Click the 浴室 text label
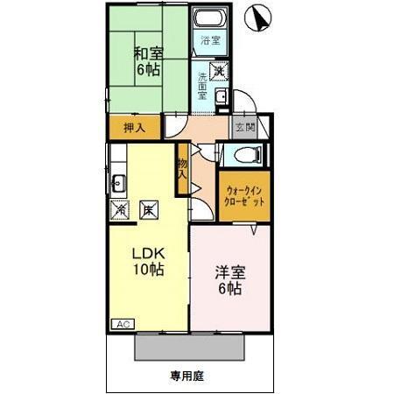coord(208,40)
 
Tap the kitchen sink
coord(119,183)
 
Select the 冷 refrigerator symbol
coord(120,210)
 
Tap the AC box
coord(122,324)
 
